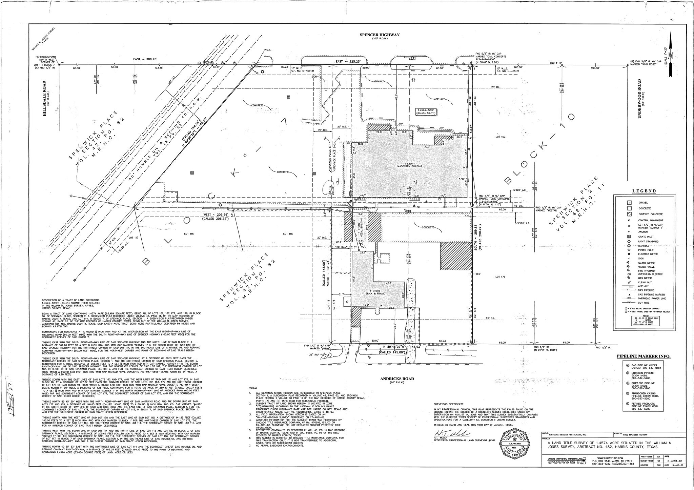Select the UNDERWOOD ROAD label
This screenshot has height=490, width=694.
point(640,98)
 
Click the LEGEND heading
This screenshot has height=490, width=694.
point(644,191)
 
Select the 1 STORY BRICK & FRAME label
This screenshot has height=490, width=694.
point(375,292)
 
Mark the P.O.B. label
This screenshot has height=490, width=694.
point(267,50)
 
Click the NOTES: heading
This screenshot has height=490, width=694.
point(252,387)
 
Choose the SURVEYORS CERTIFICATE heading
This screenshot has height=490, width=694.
point(448,404)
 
